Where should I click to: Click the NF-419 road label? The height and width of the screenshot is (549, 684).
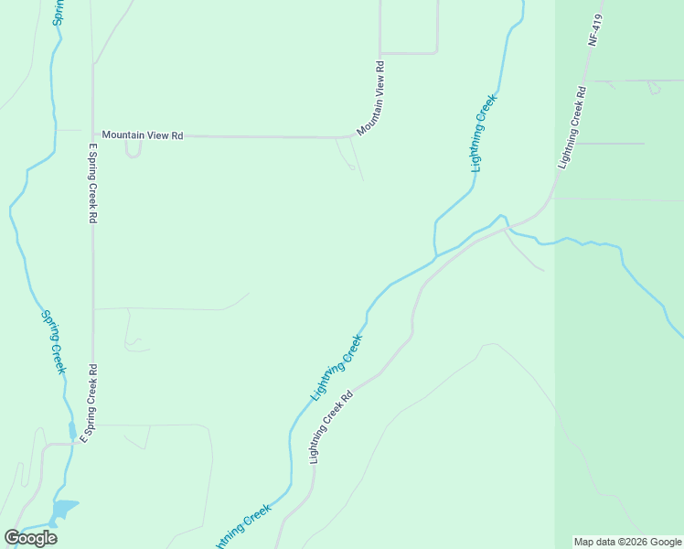(595, 29)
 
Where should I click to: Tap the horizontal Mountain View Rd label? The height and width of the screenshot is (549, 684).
(143, 135)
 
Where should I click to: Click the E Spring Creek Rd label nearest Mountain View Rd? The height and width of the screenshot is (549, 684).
(92, 183)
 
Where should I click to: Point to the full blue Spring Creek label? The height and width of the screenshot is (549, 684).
(52, 341)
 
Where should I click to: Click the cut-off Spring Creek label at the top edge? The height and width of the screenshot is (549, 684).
(57, 11)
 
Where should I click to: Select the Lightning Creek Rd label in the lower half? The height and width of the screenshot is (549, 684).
(332, 427)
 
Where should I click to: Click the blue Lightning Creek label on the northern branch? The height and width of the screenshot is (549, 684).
(484, 134)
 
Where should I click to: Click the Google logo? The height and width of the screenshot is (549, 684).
(30, 538)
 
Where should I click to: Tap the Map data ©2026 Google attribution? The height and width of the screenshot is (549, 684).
(627, 542)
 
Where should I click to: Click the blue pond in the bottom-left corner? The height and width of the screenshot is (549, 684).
(64, 508)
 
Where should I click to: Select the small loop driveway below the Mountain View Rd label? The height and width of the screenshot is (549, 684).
(134, 148)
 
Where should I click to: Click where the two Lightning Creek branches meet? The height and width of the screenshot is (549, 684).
(436, 255)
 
